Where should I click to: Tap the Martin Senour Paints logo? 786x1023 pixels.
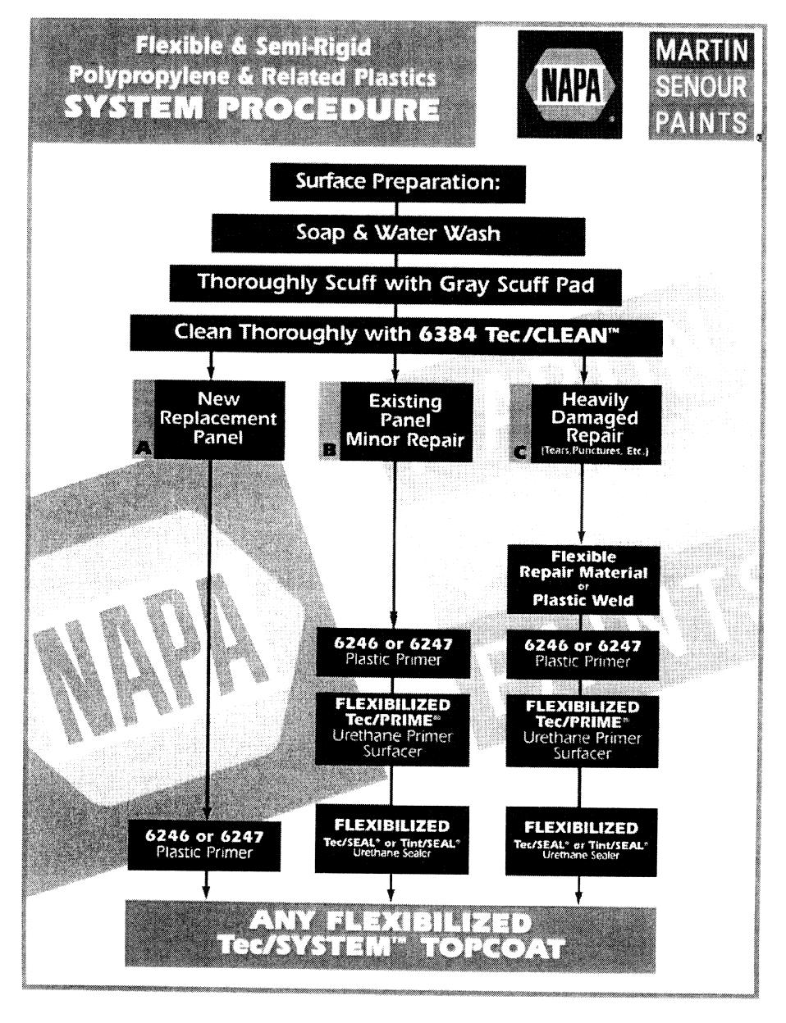699,84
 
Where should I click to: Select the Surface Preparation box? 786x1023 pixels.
397,183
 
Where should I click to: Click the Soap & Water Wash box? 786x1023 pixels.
397,234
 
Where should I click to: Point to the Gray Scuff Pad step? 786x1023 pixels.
397,283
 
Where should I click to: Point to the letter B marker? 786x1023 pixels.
329,449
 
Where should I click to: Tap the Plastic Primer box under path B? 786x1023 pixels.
393,652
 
